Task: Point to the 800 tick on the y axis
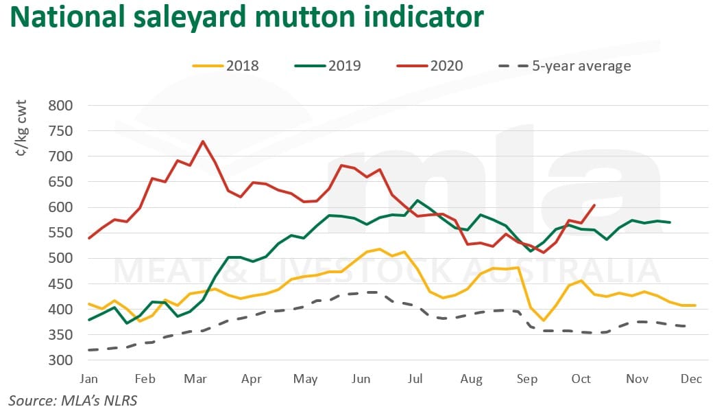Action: [60, 106]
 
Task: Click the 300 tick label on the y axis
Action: [60, 360]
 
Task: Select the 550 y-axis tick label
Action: [60, 233]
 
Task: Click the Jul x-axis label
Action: [415, 378]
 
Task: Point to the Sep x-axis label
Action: [526, 378]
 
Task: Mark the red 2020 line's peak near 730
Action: [202, 141]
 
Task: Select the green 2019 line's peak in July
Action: [417, 200]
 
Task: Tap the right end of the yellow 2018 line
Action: [696, 305]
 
